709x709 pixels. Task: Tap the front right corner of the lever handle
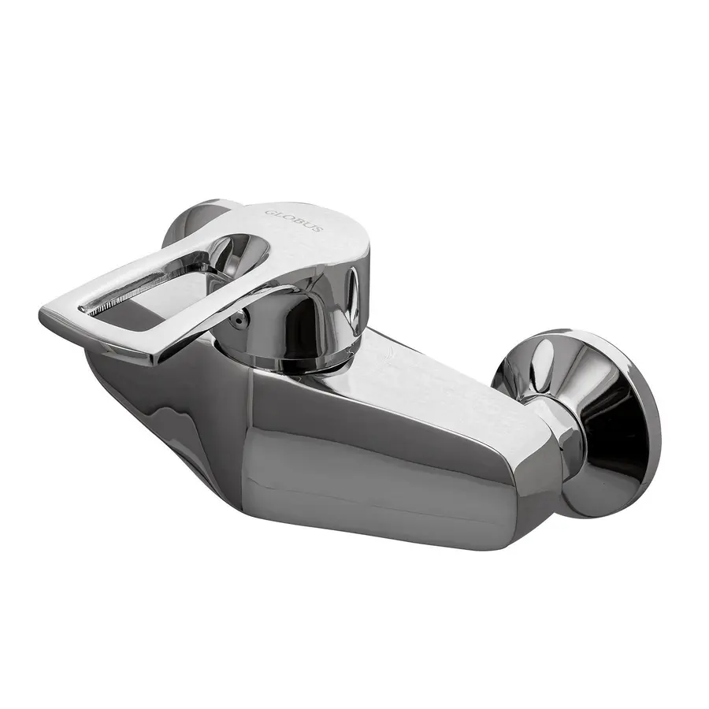pyautogui.click(x=158, y=354)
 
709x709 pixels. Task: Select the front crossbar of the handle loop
pyautogui.click(x=102, y=331)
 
